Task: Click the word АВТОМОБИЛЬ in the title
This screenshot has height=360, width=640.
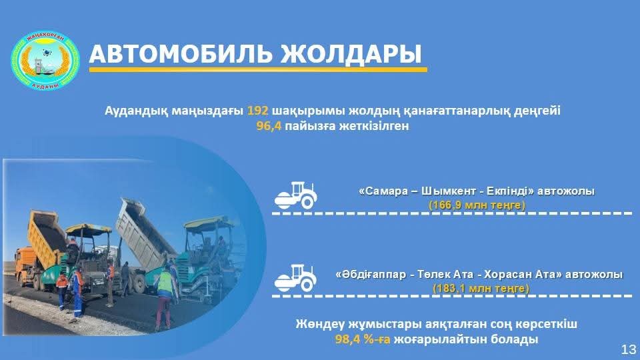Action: click(x=179, y=53)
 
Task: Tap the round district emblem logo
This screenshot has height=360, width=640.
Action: click(x=45, y=60)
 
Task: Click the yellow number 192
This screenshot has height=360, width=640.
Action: click(x=257, y=111)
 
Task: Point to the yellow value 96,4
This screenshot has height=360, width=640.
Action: click(x=269, y=126)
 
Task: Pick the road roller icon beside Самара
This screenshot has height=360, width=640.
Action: click(x=296, y=195)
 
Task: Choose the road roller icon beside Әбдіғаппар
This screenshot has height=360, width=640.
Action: click(x=296, y=278)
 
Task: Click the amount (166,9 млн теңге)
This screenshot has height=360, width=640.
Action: click(x=476, y=205)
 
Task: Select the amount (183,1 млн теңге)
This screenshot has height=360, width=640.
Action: click(x=481, y=288)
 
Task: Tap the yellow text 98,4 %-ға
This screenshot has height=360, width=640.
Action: click(x=363, y=339)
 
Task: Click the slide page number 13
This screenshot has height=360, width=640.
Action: click(x=629, y=349)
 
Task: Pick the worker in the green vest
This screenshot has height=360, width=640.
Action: click(x=165, y=295)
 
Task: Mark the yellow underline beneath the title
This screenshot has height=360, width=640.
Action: click(x=258, y=70)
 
